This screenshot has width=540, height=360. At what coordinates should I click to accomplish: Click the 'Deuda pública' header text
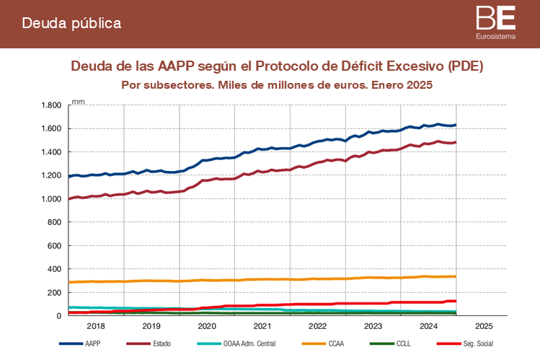pos(71,23)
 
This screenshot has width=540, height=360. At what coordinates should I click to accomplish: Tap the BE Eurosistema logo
pos(496,22)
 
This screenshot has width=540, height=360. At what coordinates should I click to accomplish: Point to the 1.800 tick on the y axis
pos(50,105)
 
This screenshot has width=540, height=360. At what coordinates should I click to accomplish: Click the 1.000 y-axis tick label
pos(50,199)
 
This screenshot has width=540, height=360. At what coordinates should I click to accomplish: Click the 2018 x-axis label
pos(96,326)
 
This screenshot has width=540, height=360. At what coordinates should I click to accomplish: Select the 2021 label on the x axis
pos(262,326)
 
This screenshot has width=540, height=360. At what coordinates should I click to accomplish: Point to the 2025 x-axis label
pos(484,326)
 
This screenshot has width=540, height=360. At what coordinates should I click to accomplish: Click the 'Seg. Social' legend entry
pos(477,343)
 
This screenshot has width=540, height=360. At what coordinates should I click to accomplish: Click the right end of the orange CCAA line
pos(455,276)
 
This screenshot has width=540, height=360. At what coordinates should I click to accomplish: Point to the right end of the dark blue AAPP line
pos(455,125)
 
